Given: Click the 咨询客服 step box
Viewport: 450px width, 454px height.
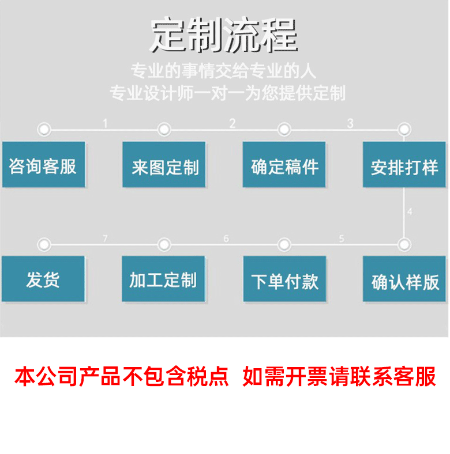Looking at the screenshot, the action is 43,165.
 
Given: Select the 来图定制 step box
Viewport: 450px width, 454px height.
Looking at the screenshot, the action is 164,165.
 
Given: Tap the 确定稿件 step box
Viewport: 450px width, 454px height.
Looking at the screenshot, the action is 284,165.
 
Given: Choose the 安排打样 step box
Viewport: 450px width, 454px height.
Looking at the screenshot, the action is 404,165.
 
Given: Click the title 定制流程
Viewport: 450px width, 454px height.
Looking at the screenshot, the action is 224,36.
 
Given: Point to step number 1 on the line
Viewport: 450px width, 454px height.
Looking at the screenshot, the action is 105,123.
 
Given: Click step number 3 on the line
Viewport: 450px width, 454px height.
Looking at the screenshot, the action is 350,123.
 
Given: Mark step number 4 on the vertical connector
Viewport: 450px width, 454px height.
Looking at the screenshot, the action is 410,212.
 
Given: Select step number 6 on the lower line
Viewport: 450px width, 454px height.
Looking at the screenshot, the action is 226,239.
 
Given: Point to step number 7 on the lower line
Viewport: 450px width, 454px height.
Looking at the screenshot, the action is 105,239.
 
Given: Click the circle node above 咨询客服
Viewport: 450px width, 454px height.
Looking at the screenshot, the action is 43,129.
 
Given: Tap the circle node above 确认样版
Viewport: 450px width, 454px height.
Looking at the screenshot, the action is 404,244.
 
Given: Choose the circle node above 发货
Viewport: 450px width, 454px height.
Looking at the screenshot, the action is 43,244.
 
